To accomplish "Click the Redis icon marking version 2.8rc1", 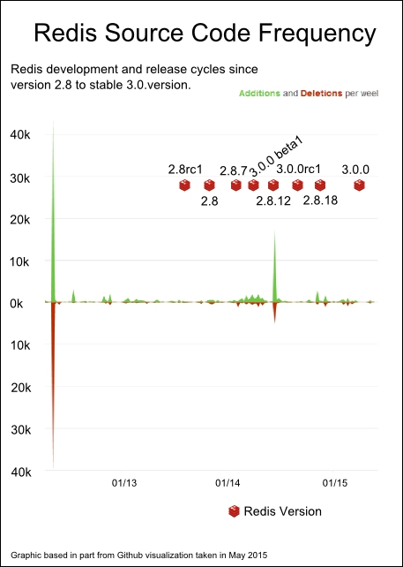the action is (184, 185).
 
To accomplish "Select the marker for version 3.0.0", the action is (359, 185).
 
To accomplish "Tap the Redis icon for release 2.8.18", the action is (320, 185).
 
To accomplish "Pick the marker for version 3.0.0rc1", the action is (297, 185).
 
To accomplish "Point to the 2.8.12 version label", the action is (273, 201).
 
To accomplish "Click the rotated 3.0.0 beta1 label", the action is (276, 157).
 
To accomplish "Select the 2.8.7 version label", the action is (234, 170).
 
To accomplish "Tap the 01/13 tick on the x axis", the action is (123, 483).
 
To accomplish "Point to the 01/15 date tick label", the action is (333, 483).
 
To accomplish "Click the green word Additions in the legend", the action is (259, 94).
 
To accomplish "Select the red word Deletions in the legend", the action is (321, 94).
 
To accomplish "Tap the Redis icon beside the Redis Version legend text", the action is (234, 511).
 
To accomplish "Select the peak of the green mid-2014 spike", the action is (275, 228).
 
